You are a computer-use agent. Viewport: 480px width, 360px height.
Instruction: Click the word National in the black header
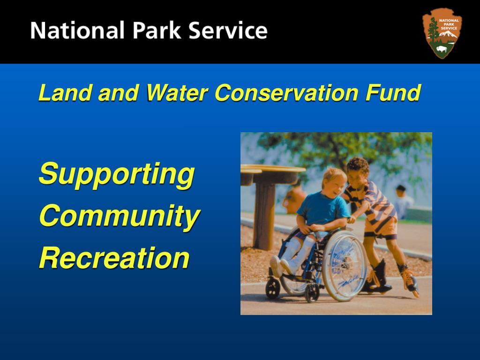click(x=78, y=31)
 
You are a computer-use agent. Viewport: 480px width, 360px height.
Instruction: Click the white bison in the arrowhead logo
click(x=442, y=49)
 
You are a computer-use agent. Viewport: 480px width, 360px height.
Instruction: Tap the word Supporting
click(x=116, y=174)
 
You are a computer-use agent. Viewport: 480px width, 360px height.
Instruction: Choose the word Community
click(x=120, y=216)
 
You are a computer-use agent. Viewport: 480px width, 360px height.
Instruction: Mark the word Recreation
click(x=114, y=257)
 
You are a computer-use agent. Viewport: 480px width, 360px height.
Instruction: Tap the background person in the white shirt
click(x=402, y=202)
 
